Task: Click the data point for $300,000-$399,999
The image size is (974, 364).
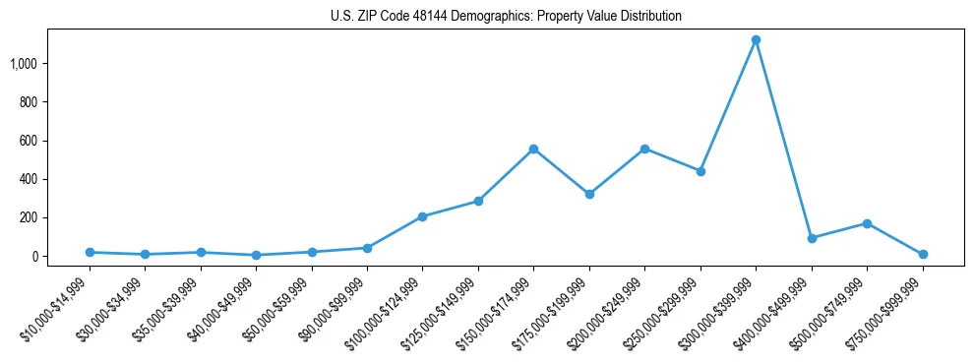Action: (756, 40)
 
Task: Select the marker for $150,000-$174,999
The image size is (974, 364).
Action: (533, 149)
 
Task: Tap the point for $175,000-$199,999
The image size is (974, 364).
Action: (589, 194)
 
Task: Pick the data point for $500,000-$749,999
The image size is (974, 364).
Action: (867, 223)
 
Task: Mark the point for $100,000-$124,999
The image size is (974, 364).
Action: (422, 216)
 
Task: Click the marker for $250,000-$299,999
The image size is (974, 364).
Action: (700, 171)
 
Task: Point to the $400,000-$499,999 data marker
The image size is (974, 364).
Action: (812, 238)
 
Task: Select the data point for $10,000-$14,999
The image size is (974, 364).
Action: (90, 252)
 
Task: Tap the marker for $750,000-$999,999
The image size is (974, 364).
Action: (923, 254)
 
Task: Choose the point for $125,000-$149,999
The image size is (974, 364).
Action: (478, 201)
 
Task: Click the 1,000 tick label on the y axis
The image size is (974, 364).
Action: (24, 64)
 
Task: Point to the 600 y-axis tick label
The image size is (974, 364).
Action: (29, 141)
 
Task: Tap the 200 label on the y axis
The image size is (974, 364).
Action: (29, 217)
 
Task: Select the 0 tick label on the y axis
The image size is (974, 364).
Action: (34, 256)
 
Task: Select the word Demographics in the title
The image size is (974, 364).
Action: (486, 17)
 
